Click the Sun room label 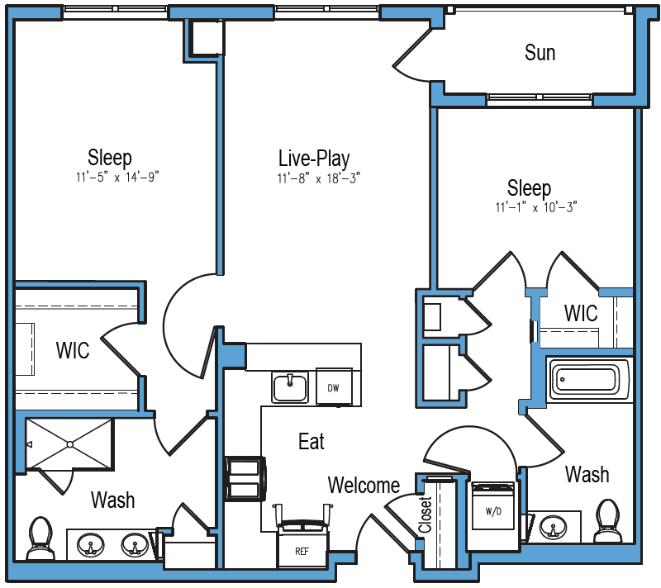pyautogui.click(x=540, y=53)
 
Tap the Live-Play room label pyautogui.click(x=314, y=159)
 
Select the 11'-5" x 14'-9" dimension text pyautogui.click(x=117, y=178)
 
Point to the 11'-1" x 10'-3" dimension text pyautogui.click(x=536, y=207)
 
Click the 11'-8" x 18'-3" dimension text pyautogui.click(x=319, y=178)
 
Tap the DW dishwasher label pyautogui.click(x=334, y=388)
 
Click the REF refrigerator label pyautogui.click(x=302, y=552)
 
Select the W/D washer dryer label pyautogui.click(x=493, y=512)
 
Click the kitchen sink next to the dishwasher pyautogui.click(x=290, y=387)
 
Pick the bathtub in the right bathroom pyautogui.click(x=589, y=380)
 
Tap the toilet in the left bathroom pyautogui.click(x=40, y=539)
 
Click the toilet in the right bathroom pyautogui.click(x=608, y=520)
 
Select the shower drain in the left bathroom pyautogui.click(x=70, y=444)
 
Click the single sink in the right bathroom pyautogui.click(x=553, y=527)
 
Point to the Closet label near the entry pyautogui.click(x=426, y=514)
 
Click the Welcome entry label pyautogui.click(x=364, y=486)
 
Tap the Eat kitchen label pyautogui.click(x=311, y=442)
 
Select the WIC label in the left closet pyautogui.click(x=73, y=350)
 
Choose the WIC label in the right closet pyautogui.click(x=581, y=313)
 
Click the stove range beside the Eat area pyautogui.click(x=245, y=479)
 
